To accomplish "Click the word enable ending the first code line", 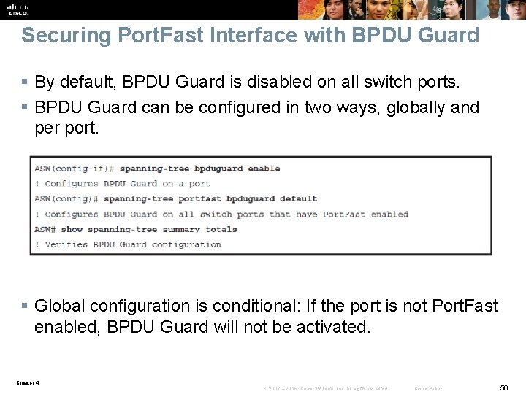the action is coord(264,169).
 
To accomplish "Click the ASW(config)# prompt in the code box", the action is coord(66,198).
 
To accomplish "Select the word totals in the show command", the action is coord(221,229).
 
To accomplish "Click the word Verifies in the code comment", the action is coord(66,244).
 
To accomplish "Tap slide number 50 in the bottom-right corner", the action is coord(503,387).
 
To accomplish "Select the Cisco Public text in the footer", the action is coord(428,388).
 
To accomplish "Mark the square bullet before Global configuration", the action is coord(26,306).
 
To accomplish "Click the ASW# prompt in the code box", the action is coord(45,229).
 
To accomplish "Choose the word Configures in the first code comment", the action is coord(72,184).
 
